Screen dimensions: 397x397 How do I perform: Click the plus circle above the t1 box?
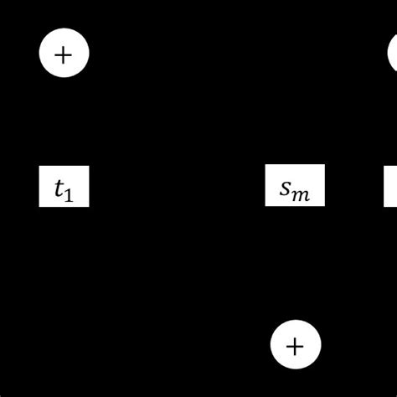(x=64, y=54)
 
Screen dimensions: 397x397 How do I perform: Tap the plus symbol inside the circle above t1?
(x=64, y=54)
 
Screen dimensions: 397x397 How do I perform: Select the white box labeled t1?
(x=64, y=186)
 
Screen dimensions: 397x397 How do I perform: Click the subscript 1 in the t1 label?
(x=70, y=195)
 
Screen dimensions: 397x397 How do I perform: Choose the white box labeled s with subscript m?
(x=295, y=186)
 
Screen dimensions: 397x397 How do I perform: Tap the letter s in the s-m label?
(x=286, y=189)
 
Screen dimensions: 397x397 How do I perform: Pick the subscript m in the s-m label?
(x=302, y=194)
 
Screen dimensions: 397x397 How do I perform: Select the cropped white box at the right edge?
(x=390, y=186)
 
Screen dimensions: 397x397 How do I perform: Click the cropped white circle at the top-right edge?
(x=393, y=54)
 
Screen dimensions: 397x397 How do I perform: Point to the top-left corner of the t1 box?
(x=39, y=166)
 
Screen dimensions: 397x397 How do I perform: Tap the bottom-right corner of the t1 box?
(x=89, y=206)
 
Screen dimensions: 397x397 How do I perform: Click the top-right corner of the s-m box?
(x=324, y=166)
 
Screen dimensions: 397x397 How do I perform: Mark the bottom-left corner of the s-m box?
(x=266, y=206)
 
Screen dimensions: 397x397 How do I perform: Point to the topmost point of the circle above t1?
(x=64, y=29)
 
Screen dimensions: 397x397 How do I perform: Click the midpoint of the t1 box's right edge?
(x=89, y=186)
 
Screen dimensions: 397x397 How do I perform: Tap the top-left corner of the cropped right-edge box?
(x=384, y=166)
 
